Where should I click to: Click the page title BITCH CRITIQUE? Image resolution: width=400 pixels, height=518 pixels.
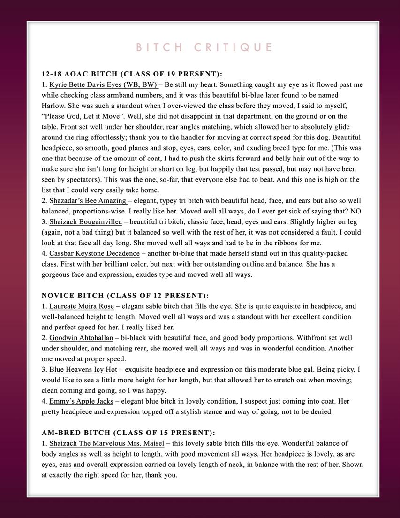(204, 47)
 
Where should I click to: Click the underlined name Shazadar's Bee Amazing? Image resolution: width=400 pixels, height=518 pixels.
(88, 201)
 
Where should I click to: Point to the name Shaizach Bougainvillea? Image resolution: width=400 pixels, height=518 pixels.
(85, 222)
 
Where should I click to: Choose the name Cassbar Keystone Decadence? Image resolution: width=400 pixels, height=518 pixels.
(94, 253)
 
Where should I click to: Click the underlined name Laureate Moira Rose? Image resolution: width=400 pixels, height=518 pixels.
(81, 306)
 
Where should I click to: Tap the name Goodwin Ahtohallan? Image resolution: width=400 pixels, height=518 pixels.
(81, 338)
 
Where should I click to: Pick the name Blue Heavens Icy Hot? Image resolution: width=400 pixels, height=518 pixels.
(83, 370)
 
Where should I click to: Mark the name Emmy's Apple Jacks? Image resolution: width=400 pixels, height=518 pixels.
(81, 401)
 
